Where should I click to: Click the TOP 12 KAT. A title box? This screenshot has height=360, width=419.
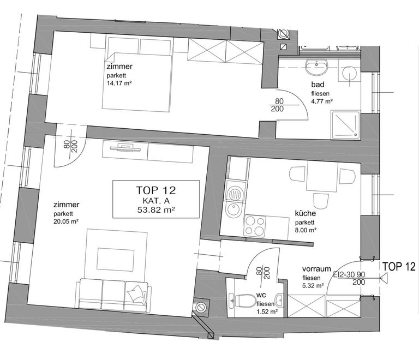[156, 199]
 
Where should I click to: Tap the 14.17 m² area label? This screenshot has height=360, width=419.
[119, 83]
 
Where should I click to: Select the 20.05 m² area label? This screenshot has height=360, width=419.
[65, 221]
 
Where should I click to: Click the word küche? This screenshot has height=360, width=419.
[305, 213]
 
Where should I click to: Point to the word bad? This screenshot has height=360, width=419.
[318, 85]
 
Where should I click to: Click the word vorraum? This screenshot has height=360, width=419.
[316, 269]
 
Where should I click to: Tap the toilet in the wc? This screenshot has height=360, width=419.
[242, 301]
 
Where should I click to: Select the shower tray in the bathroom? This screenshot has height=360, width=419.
[346, 124]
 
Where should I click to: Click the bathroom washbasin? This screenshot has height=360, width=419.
[316, 67]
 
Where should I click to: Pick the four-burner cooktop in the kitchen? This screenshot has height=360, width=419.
[255, 226]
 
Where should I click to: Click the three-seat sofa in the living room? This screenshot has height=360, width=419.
[113, 296]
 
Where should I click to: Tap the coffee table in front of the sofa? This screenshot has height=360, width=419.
[116, 259]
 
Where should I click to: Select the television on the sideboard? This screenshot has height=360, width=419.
[125, 148]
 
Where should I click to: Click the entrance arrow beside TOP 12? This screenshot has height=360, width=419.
[384, 278]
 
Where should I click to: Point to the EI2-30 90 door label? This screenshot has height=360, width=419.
[349, 274]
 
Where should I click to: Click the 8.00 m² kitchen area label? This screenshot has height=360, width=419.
[306, 230]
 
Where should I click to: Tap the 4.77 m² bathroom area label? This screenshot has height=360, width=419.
[322, 101]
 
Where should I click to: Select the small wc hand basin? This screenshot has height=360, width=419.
[280, 300]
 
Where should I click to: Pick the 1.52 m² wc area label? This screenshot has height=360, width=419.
[267, 311]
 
